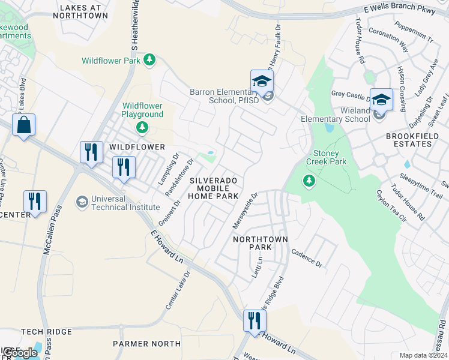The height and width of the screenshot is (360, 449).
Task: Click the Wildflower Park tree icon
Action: (149, 60)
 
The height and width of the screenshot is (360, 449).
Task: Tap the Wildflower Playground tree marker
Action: (142, 127)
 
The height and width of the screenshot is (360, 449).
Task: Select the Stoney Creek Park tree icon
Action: (309, 180)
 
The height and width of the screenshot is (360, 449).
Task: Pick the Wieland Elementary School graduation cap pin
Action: (381, 100)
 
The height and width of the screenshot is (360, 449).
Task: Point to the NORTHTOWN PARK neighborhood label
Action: (261, 243)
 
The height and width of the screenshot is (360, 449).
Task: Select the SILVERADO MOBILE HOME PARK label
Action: (214, 188)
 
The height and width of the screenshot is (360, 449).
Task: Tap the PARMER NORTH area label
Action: (146, 344)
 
